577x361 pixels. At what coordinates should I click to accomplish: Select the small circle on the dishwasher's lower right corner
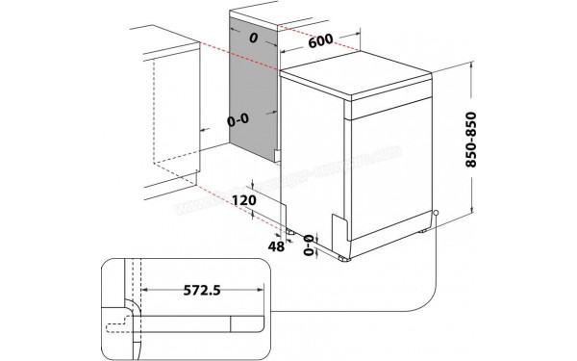pos(437,214)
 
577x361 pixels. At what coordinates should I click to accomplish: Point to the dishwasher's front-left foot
pos(343,258)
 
